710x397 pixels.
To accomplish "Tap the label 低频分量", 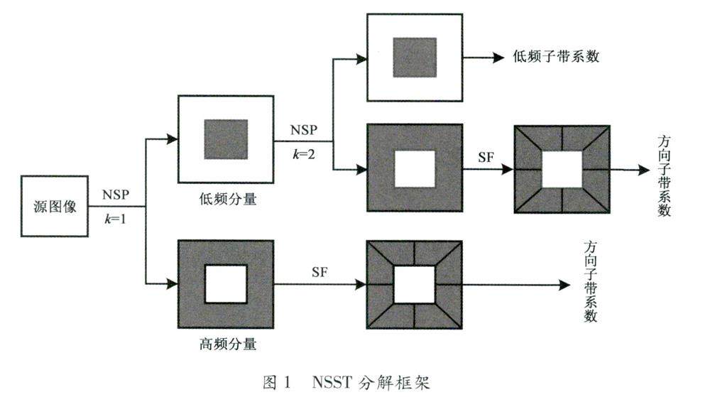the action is coord(228,200).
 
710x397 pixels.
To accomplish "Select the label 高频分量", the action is coord(227,346).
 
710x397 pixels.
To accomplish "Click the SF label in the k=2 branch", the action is coord(486,157).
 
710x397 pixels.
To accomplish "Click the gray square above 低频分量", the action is coord(226,139).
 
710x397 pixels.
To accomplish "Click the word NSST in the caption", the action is coord(331,383).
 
